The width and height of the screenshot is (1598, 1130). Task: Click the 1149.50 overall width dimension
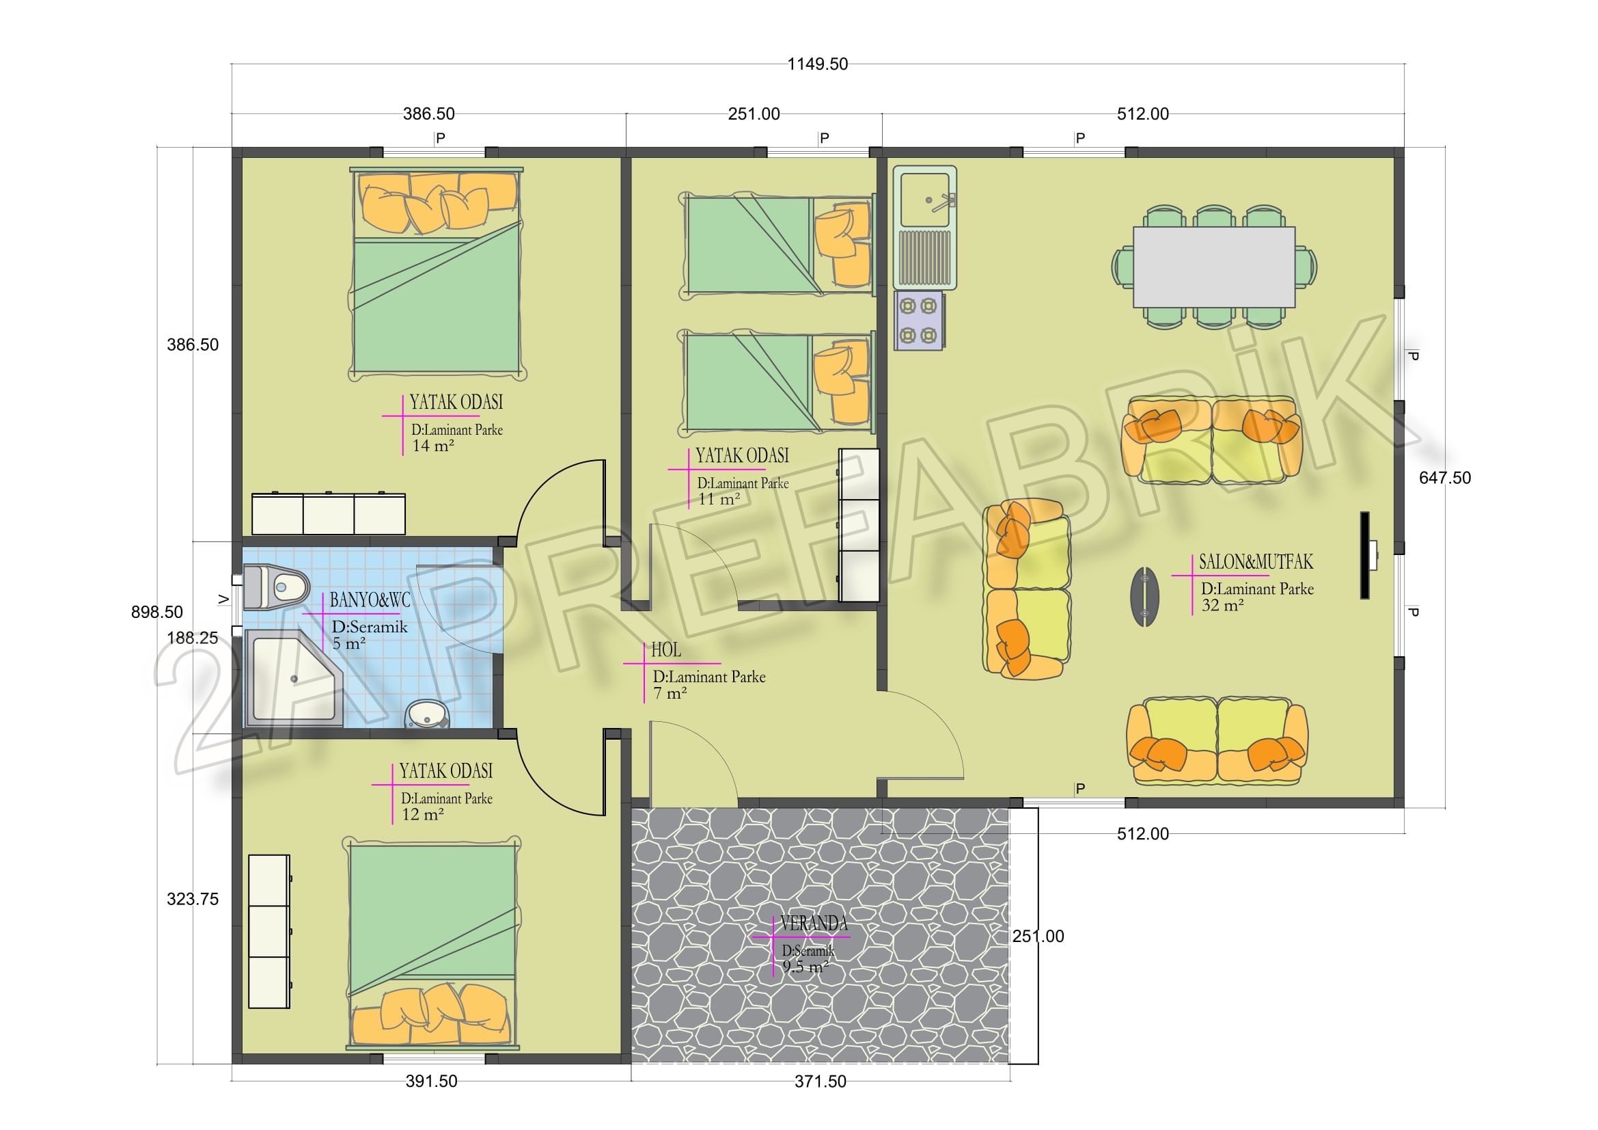click(817, 64)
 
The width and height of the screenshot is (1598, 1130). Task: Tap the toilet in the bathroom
click(275, 587)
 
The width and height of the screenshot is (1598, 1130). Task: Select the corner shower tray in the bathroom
click(293, 678)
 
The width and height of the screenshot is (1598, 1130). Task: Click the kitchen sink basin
click(924, 200)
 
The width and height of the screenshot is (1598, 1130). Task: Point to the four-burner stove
click(919, 321)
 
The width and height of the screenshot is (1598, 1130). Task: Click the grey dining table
click(1214, 267)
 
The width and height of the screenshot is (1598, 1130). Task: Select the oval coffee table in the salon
click(1144, 596)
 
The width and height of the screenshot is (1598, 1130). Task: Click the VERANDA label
click(814, 924)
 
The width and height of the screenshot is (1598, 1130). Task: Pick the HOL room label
click(666, 649)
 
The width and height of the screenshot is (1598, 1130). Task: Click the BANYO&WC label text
click(370, 600)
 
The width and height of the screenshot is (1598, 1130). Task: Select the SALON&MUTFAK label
click(1256, 562)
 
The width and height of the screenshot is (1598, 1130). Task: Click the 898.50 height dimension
click(156, 612)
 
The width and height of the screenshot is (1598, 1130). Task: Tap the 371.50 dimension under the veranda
click(821, 1081)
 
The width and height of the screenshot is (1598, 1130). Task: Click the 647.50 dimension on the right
click(1445, 478)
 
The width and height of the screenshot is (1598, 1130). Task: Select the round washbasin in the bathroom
click(426, 714)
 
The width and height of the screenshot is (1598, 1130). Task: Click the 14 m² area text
click(433, 446)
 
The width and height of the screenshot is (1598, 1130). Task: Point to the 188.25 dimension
click(193, 638)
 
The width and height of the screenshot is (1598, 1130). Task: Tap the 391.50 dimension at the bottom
click(432, 1081)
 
